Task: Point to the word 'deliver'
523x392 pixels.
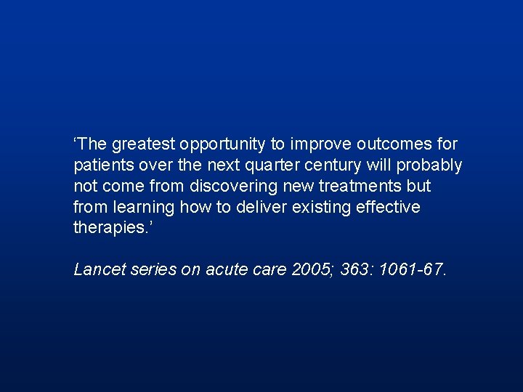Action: [x=263, y=207]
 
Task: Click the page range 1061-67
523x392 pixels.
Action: [x=418, y=269]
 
